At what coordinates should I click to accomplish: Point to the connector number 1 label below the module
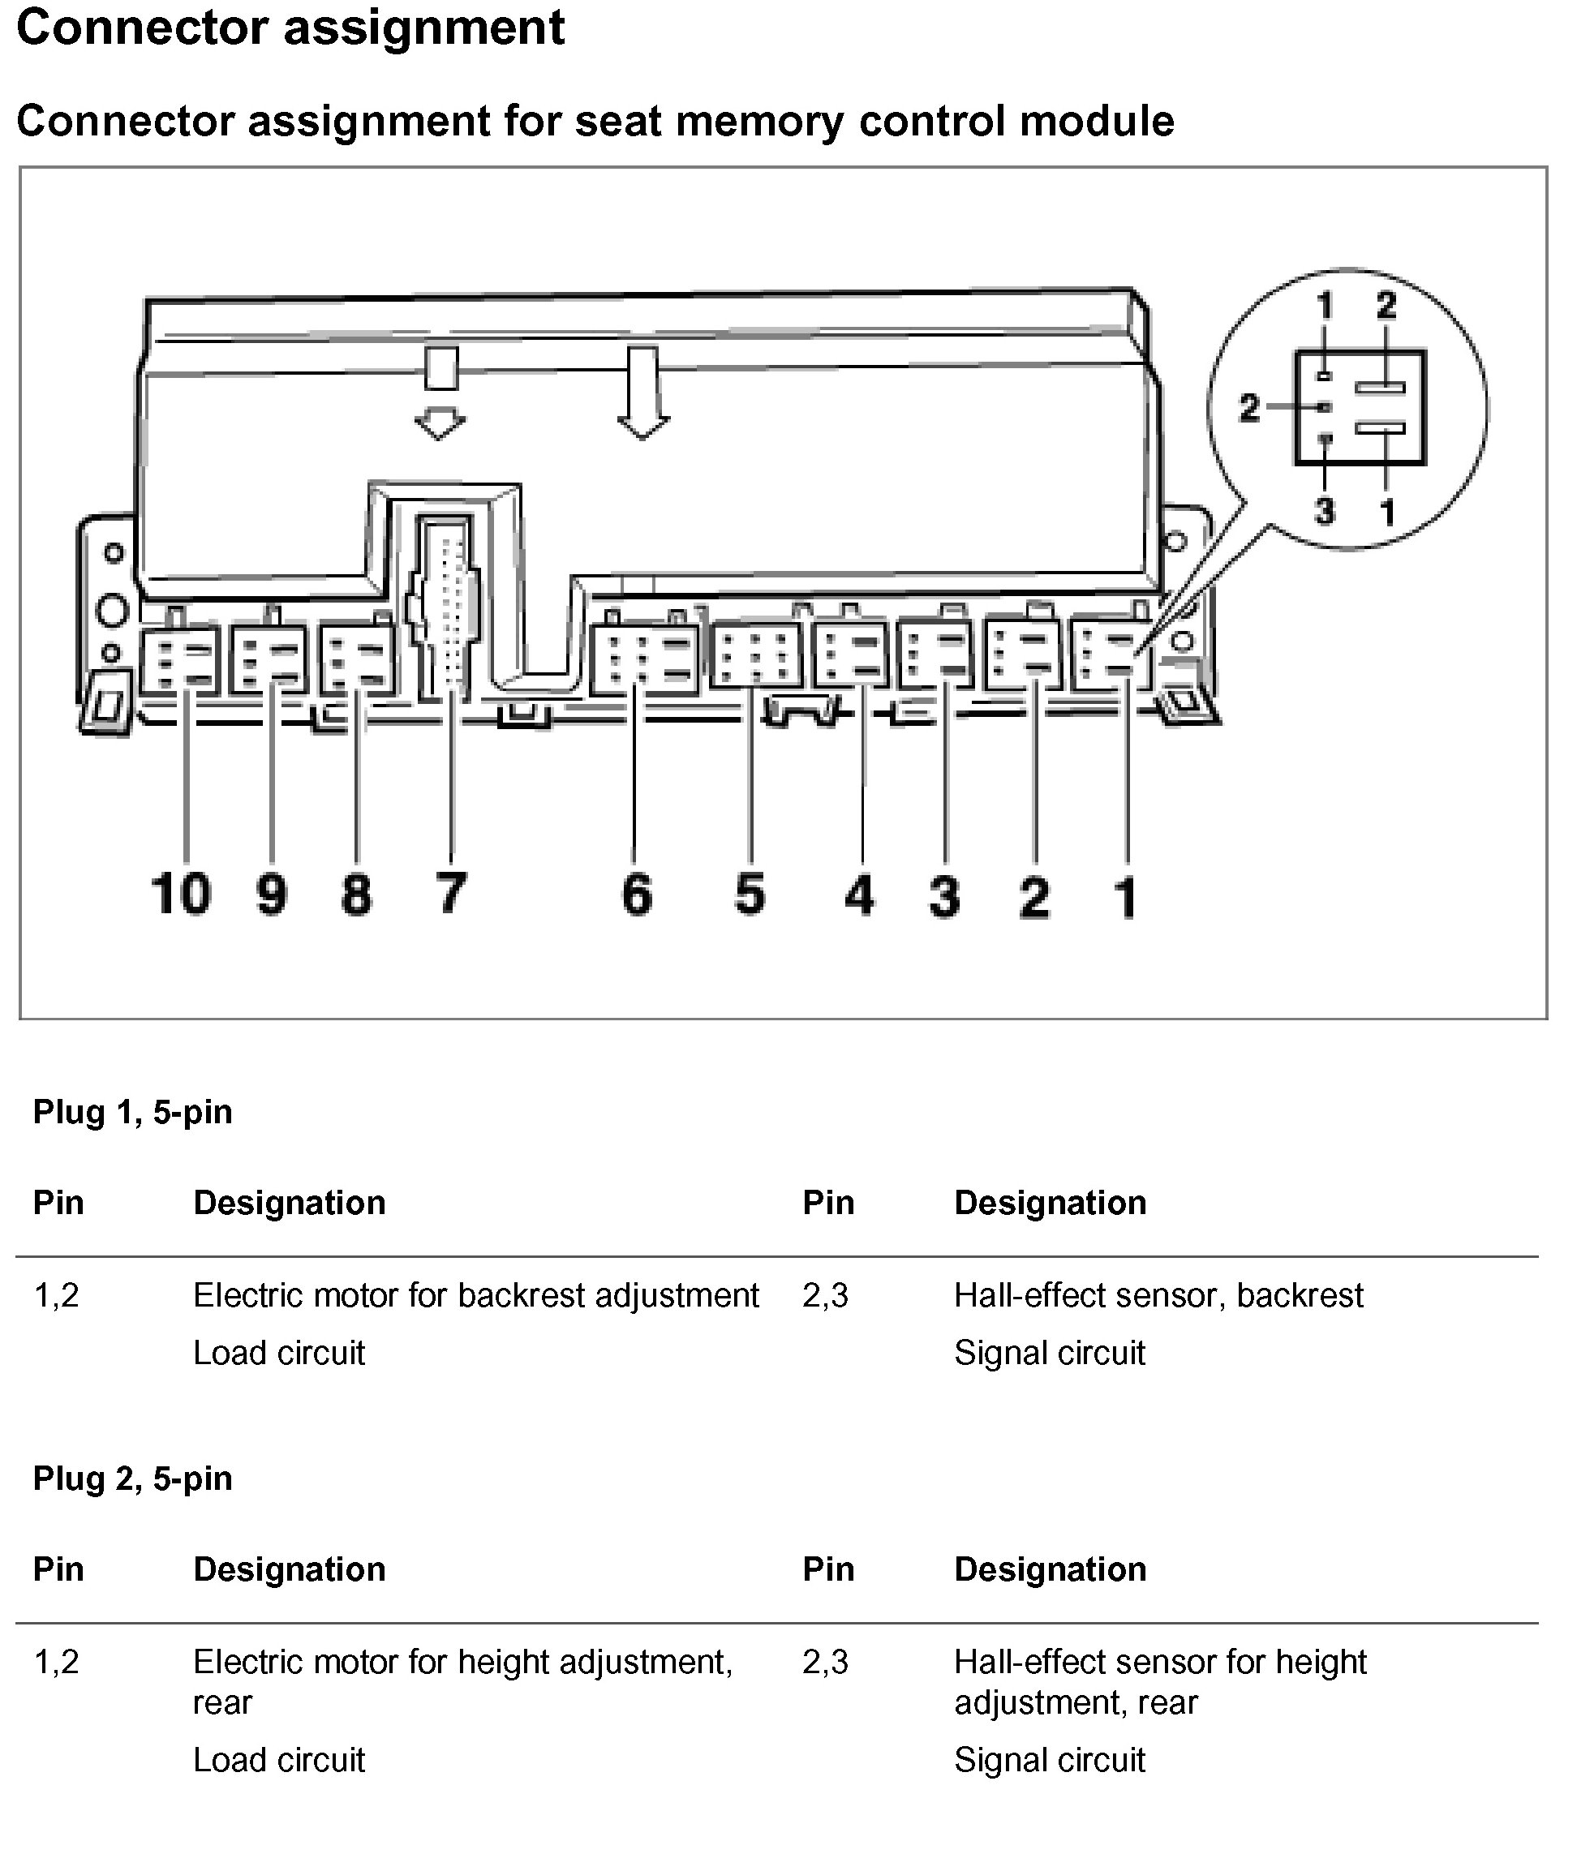point(1125,897)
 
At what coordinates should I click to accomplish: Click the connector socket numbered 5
point(755,658)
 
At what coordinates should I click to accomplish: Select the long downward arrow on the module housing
point(642,393)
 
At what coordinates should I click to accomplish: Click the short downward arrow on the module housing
point(440,394)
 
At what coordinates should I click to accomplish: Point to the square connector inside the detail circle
point(1360,409)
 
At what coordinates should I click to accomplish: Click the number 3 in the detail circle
point(1324,513)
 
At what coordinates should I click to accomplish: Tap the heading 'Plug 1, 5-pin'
point(132,1112)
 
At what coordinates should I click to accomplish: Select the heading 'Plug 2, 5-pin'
point(132,1478)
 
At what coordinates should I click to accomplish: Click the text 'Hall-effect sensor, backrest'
point(1158,1295)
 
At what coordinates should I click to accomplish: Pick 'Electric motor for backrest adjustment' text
point(475,1295)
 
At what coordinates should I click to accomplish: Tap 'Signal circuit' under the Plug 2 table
point(1049,1760)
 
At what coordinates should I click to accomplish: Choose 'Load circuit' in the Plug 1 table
point(279,1354)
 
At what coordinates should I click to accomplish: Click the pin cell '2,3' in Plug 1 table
point(824,1295)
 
